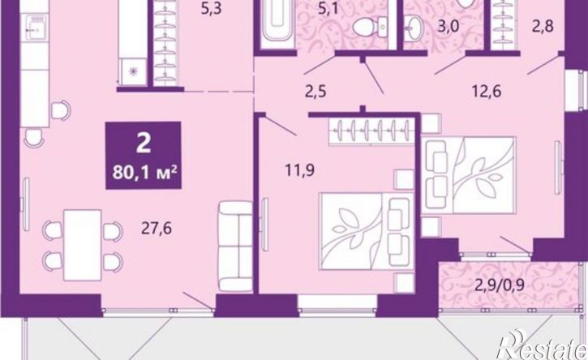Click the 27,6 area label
(157, 228)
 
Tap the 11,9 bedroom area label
(299, 170)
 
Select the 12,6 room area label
(487, 91)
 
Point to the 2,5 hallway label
(315, 92)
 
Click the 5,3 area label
(212, 8)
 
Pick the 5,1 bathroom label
(328, 8)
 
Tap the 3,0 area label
(449, 28)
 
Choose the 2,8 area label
(543, 27)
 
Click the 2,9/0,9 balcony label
(499, 286)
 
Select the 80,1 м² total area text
(144, 174)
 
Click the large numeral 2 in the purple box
(144, 144)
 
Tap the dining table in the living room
(83, 245)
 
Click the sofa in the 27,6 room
(236, 246)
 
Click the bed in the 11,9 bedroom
(367, 231)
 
